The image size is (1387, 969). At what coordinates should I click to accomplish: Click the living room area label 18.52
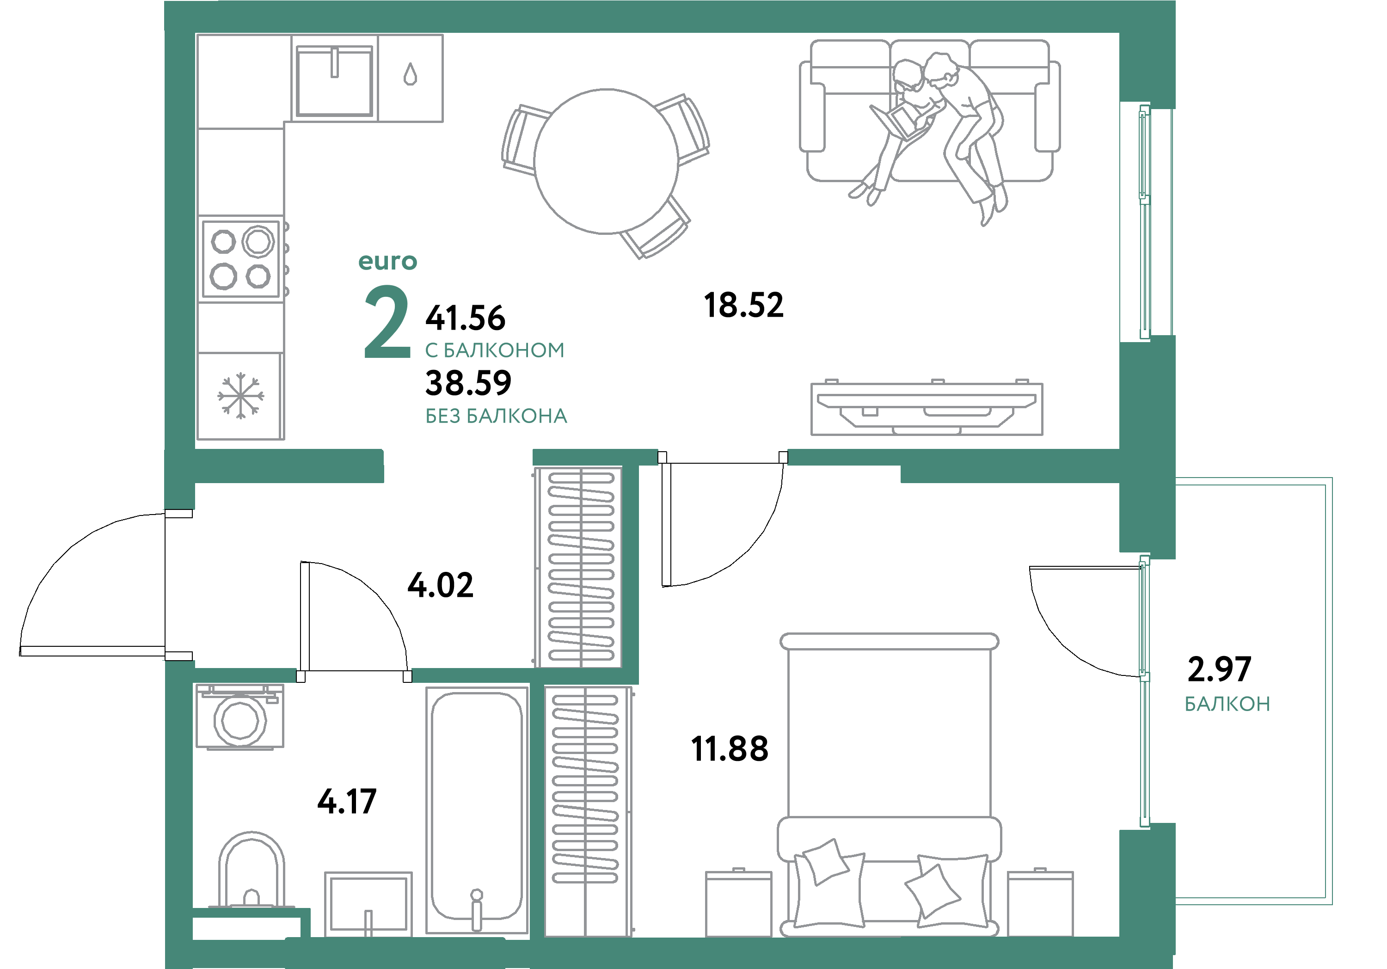coord(743,305)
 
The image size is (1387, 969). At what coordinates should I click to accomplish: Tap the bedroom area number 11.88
coord(729,749)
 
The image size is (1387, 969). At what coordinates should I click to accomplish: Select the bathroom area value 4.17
coord(347,802)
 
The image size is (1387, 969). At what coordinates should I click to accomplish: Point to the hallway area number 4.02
coord(441,585)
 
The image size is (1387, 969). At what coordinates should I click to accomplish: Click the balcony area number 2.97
coord(1219,669)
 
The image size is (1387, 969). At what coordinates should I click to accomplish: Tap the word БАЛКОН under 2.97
coord(1227,704)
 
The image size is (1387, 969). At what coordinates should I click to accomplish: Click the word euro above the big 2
coord(387,262)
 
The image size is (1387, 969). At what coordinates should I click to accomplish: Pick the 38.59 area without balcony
coord(468,383)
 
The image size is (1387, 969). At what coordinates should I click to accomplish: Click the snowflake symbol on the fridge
coord(240,396)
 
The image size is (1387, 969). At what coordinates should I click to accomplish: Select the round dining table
coord(606,161)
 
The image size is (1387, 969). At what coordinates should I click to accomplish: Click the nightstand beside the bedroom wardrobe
coord(738,903)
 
